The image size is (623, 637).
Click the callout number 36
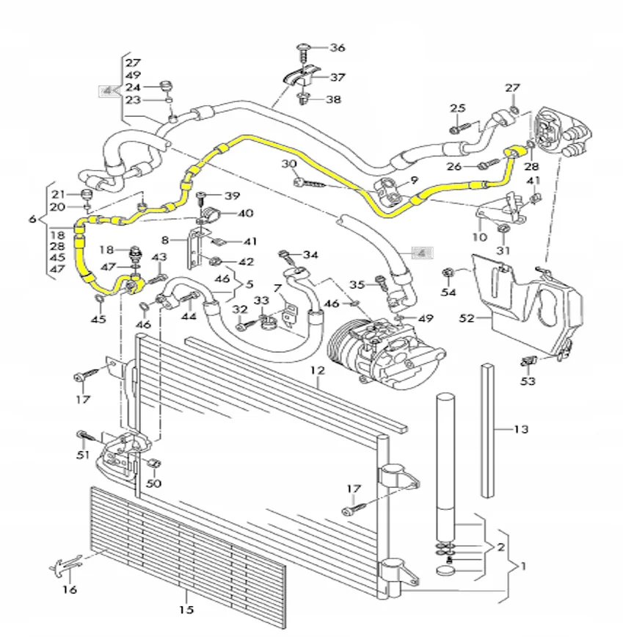[x=337, y=48]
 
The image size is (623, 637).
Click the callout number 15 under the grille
[x=186, y=609]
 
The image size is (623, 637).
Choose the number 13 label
[x=520, y=429]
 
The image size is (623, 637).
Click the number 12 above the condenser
[x=316, y=371]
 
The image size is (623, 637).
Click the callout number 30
[x=288, y=163]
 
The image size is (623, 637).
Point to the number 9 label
[x=414, y=180]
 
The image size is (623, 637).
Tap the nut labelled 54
[x=448, y=275]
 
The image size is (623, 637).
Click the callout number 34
[x=311, y=255]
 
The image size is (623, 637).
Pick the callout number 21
[x=58, y=193]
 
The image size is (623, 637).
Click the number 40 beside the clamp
[x=244, y=213]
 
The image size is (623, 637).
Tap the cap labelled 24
[x=166, y=84]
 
